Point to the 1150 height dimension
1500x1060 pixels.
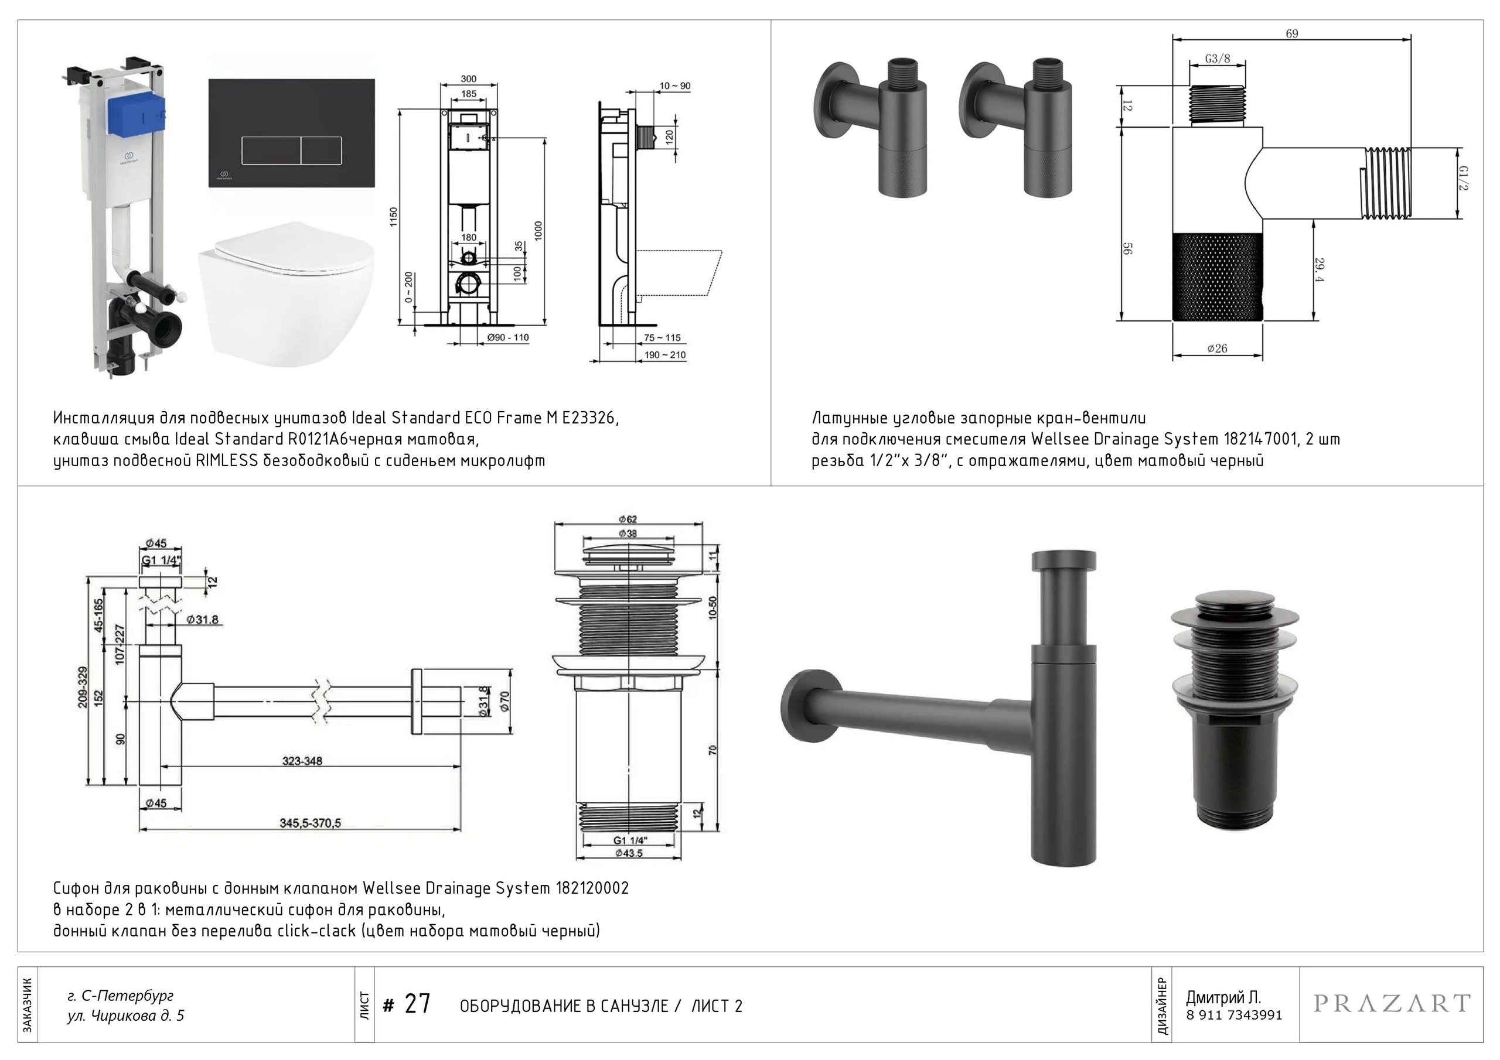click(x=393, y=217)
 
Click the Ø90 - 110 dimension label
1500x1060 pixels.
click(x=507, y=338)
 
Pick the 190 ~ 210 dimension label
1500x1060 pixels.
click(x=665, y=355)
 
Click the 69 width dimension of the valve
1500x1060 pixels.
click(x=1291, y=34)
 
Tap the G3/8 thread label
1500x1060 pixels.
click(x=1217, y=59)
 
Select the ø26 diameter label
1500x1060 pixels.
click(x=1216, y=349)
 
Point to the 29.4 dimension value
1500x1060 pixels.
click(x=1319, y=270)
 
